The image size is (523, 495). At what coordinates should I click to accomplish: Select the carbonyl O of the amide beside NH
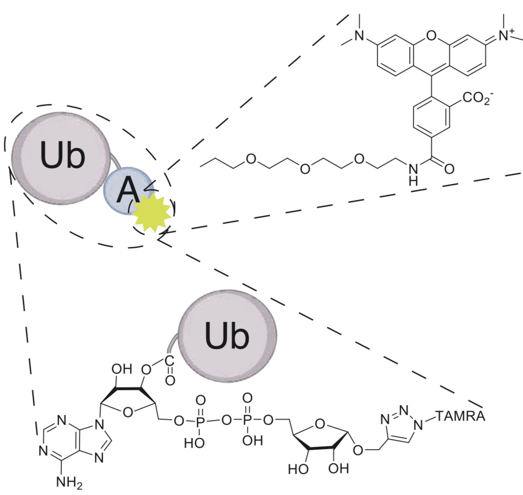tap(448, 168)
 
